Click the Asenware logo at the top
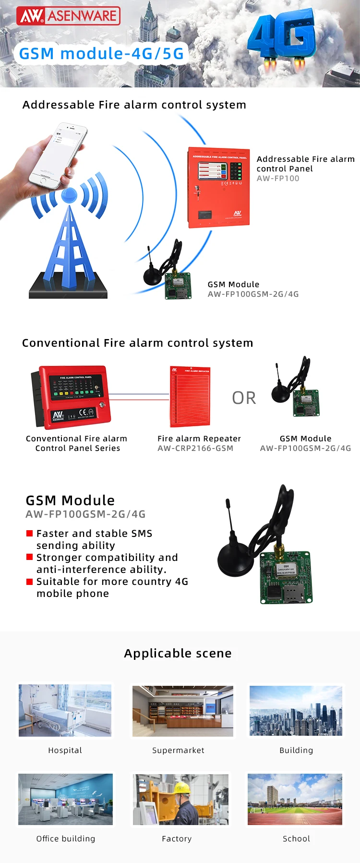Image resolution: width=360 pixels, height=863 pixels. click(68, 16)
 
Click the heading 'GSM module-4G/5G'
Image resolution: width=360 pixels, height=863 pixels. click(101, 54)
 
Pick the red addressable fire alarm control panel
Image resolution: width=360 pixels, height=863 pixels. click(219, 187)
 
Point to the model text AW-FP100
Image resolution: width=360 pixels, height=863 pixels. click(278, 179)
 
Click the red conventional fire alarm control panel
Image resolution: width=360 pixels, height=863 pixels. click(72, 396)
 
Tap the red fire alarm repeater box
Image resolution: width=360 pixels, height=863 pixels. click(190, 397)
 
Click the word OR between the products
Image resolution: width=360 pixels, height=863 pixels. click(244, 398)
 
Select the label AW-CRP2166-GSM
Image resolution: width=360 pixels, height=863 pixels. click(195, 449)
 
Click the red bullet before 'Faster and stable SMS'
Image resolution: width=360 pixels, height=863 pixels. click(29, 534)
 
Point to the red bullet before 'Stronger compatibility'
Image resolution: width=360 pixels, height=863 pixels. click(29, 557)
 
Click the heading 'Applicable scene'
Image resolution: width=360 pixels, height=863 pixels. click(178, 654)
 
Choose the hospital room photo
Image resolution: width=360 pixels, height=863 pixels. click(65, 710)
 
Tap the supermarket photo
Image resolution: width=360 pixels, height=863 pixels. click(182, 711)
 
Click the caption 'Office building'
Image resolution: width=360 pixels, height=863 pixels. click(66, 839)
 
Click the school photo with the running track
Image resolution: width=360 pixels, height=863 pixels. click(295, 799)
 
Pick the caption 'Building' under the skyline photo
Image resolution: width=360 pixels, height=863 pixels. click(296, 750)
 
